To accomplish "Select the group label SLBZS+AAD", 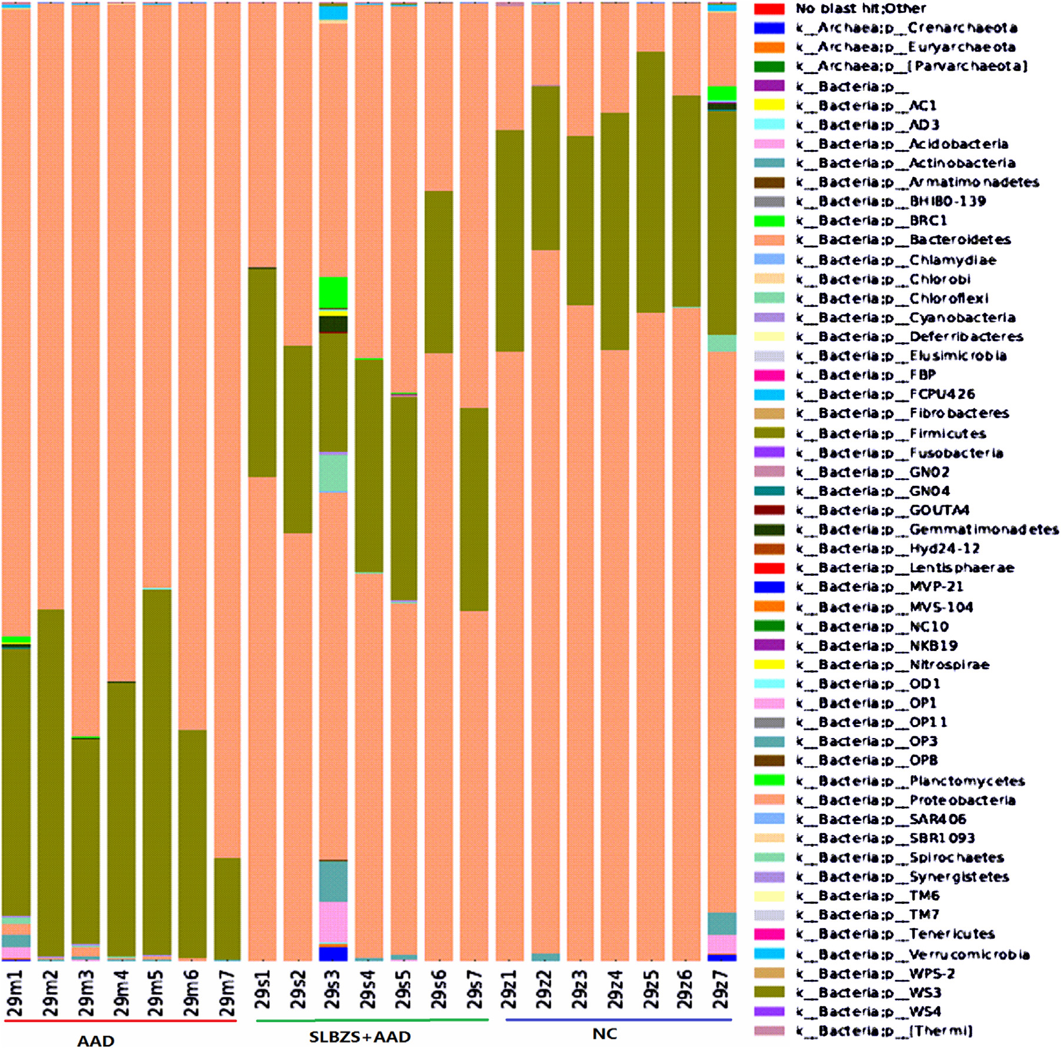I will pos(360,1036).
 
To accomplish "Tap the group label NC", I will pos(604,1034).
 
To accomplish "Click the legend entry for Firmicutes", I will pos(947,433).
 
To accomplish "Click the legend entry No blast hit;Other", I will pos(861,9).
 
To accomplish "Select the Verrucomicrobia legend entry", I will pos(969,954).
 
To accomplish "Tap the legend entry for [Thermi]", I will pos(940,1030).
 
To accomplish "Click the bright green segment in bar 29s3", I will pos(333,292).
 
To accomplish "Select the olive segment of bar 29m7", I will pos(227,909).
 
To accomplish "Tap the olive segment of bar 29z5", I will pos(651,182).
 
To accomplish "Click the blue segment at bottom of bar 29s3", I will pos(333,954).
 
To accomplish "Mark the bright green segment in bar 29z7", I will pos(722,94).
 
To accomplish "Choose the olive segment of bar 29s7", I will pos(474,509).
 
